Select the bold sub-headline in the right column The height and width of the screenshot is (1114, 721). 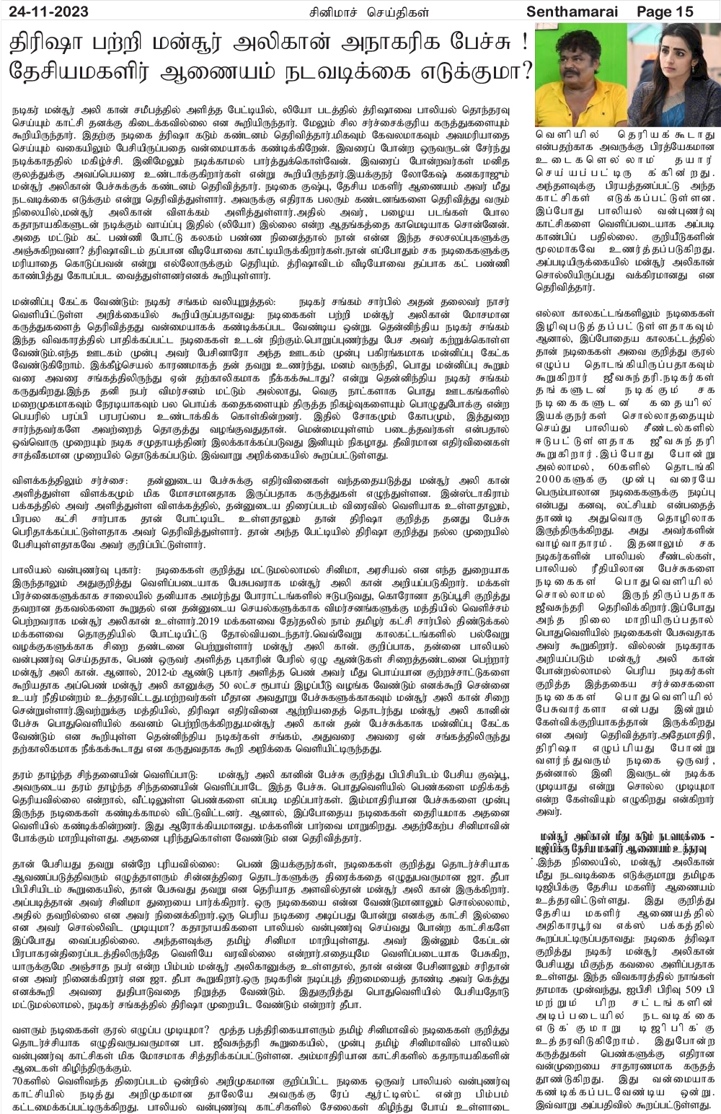tap(628, 842)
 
